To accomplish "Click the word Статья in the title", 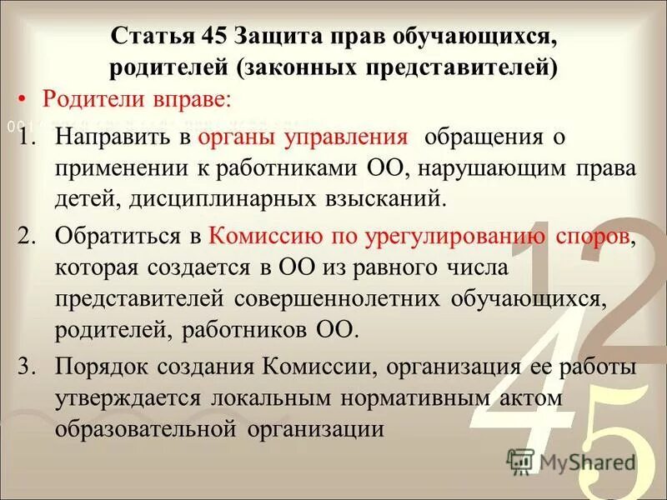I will [148, 37].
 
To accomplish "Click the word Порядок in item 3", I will [104, 367].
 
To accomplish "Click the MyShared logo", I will [572, 461].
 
